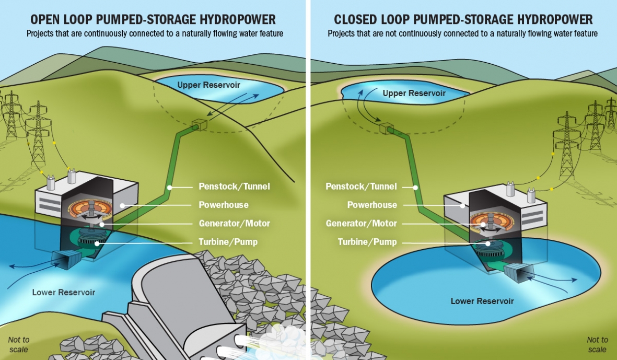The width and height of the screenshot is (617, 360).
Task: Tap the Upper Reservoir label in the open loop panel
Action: tap(208, 85)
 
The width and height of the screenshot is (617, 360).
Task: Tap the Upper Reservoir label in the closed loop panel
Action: tap(414, 93)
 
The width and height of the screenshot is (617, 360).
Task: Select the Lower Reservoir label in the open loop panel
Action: tap(64, 292)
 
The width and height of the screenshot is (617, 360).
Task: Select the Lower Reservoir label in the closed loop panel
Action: tap(482, 301)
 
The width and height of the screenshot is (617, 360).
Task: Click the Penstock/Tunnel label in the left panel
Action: tap(234, 187)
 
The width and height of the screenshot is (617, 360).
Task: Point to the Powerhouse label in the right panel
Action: tap(372, 205)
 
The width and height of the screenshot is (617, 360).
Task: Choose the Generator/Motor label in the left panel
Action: tap(234, 224)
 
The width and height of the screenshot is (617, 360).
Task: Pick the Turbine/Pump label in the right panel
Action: tap(367, 242)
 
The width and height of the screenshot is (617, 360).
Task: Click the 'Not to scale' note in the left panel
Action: tap(18, 344)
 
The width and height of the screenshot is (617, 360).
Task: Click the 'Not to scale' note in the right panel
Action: tap(597, 344)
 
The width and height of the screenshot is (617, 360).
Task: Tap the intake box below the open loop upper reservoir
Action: tap(199, 125)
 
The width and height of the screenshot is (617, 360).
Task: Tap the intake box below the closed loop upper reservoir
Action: tap(386, 128)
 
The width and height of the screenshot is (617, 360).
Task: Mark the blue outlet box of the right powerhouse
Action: tap(519, 273)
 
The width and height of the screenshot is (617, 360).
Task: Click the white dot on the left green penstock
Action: tap(170, 187)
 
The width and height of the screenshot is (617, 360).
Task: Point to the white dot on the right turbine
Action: tap(488, 243)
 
